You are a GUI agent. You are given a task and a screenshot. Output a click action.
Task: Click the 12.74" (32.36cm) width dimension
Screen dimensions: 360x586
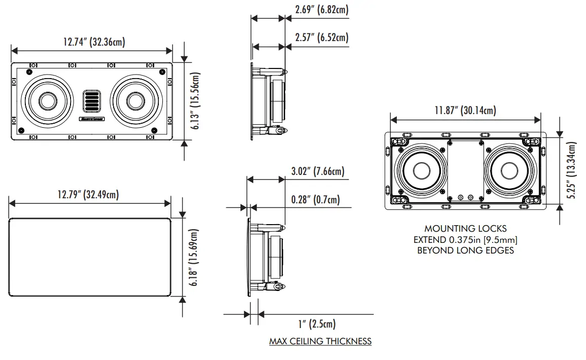94,42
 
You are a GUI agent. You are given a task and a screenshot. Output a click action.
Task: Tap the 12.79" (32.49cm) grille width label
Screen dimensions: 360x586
88,194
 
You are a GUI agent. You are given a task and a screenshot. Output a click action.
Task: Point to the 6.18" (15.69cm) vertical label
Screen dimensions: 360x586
193,258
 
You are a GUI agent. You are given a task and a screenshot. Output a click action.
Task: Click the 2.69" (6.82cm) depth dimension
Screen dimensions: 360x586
322,10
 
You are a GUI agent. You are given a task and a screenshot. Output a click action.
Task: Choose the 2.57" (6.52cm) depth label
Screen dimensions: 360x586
322,38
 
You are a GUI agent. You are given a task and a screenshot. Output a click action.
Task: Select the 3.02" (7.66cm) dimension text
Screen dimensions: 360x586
318,171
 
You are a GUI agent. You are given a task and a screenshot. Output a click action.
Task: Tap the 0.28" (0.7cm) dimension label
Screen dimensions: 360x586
316,199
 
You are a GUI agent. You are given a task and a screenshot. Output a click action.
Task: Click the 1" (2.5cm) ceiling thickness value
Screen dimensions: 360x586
317,323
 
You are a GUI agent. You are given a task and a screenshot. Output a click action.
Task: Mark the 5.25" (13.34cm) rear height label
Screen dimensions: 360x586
572,171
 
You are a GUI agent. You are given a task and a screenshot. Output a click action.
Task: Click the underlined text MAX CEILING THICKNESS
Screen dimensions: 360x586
320,341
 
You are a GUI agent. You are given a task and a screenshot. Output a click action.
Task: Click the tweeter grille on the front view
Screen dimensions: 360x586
91,100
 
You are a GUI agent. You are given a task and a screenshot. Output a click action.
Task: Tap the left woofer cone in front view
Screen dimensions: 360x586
47,100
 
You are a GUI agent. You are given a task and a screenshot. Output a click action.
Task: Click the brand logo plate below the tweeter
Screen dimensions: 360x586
91,120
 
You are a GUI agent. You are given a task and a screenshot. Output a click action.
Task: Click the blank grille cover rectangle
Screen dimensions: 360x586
89,257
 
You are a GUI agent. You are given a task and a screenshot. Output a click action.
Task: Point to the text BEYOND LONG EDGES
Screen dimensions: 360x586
465,250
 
